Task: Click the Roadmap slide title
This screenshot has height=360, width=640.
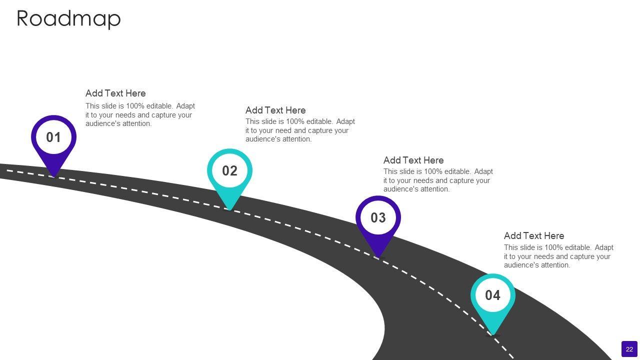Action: point(68,18)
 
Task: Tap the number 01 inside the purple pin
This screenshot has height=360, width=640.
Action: point(53,137)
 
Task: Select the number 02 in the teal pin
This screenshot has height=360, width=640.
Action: point(229,171)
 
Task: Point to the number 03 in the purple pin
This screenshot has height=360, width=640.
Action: point(378,218)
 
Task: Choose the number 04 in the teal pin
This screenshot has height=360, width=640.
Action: point(492,295)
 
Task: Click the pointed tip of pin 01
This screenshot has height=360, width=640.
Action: point(53,175)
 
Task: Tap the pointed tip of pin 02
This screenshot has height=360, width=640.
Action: point(229,209)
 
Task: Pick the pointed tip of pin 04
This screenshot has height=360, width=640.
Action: point(492,334)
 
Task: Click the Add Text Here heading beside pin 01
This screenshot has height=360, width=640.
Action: point(115,93)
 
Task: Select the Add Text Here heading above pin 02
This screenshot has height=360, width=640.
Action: point(275,110)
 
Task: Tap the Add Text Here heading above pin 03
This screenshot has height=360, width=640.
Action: point(413,160)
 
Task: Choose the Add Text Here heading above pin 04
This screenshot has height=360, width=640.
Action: point(534,236)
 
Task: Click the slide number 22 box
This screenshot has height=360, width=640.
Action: point(629,349)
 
